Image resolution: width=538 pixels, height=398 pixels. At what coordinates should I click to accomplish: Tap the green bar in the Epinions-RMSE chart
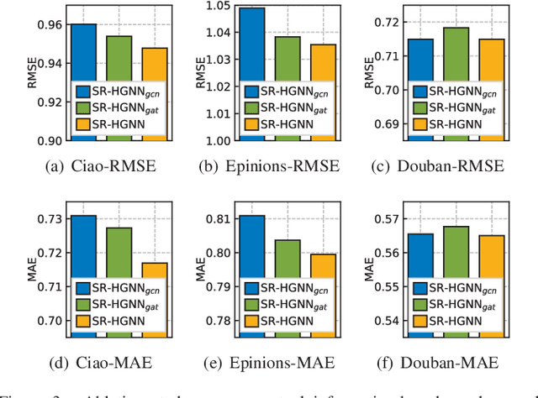click(287, 59)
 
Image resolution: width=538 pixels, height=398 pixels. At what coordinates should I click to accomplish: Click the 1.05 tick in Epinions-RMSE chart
click(219, 5)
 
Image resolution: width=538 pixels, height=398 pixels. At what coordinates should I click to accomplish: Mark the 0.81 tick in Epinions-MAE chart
click(219, 219)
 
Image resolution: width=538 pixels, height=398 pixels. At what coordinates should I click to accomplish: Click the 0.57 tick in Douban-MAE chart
click(388, 219)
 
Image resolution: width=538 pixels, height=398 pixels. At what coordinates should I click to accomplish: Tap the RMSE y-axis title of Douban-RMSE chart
click(368, 72)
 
